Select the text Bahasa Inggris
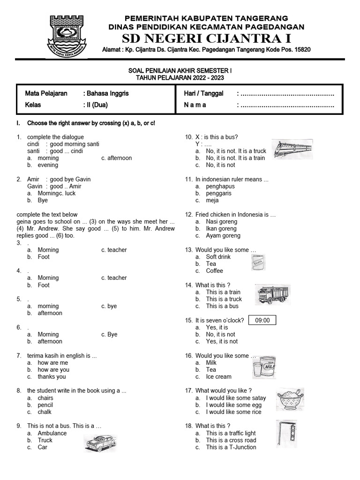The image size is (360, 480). pos(108,93)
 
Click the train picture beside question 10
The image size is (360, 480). pos(292,149)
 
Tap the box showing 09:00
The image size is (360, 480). pos(262,321)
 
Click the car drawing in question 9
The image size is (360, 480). pos(100,442)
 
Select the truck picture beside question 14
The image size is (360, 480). pos(273,295)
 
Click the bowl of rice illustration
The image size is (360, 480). pos(290,399)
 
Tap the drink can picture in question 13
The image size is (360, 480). pos(258,263)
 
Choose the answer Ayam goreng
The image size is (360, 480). pos(223,236)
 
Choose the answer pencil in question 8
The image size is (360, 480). pos(45,405)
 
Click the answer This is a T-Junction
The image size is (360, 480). pos(231,447)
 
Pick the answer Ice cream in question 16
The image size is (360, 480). pos(218,377)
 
